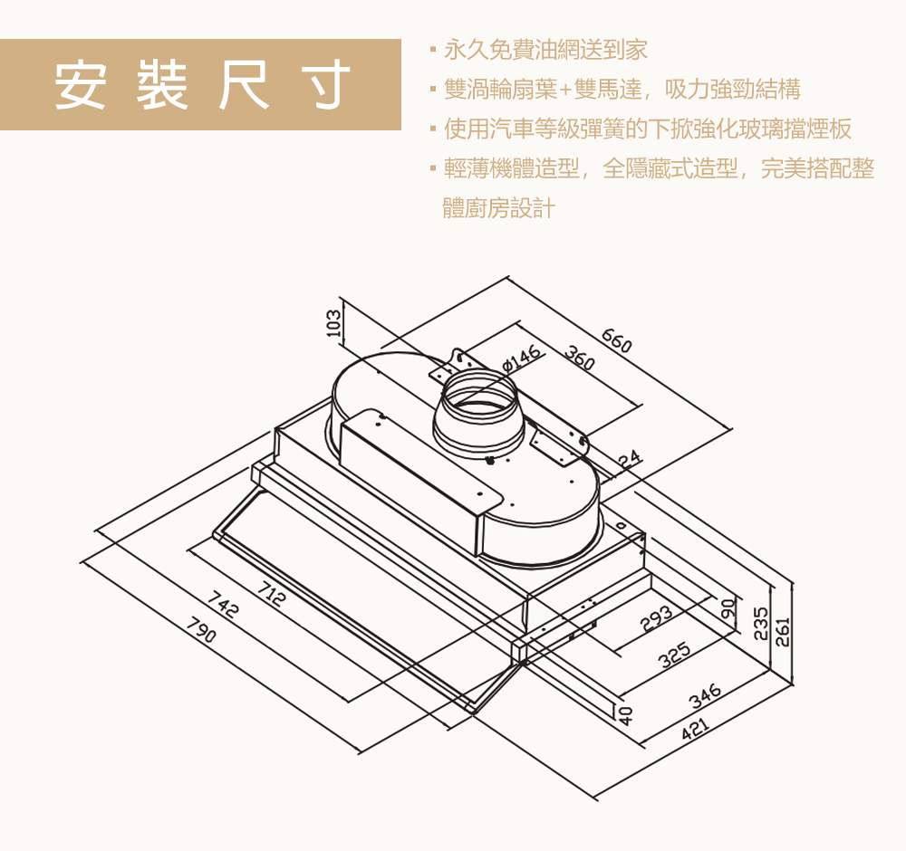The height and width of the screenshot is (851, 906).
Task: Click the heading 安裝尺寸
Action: (x=201, y=85)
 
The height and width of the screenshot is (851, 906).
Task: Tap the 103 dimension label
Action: (x=333, y=322)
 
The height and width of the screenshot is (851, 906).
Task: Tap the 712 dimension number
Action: (x=270, y=595)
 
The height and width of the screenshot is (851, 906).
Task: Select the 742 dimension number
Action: (x=223, y=605)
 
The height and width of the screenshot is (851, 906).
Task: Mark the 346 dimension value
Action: (x=704, y=696)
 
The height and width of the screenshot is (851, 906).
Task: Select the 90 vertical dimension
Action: (x=727, y=609)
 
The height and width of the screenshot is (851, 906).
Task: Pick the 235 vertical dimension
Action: (x=761, y=624)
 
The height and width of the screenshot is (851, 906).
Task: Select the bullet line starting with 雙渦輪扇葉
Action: (x=622, y=89)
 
